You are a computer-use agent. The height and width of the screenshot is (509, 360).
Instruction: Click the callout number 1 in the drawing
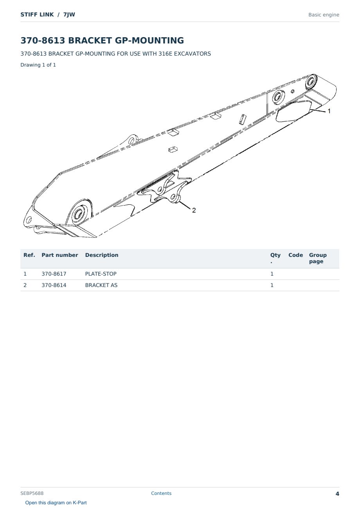(329, 111)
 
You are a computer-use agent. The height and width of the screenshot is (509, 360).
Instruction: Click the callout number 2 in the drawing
(194, 210)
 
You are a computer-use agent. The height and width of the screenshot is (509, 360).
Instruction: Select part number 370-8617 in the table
(54, 274)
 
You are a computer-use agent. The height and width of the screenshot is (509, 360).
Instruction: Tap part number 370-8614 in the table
(54, 285)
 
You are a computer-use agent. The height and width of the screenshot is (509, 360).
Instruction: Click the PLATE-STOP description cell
(101, 274)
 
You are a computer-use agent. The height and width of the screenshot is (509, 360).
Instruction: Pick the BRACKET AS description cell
(101, 285)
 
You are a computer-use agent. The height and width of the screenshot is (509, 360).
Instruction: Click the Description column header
(101, 255)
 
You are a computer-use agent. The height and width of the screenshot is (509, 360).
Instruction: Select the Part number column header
(59, 255)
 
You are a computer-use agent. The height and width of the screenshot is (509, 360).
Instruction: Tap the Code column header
(295, 255)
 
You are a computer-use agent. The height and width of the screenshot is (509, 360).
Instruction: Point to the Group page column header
(317, 258)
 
